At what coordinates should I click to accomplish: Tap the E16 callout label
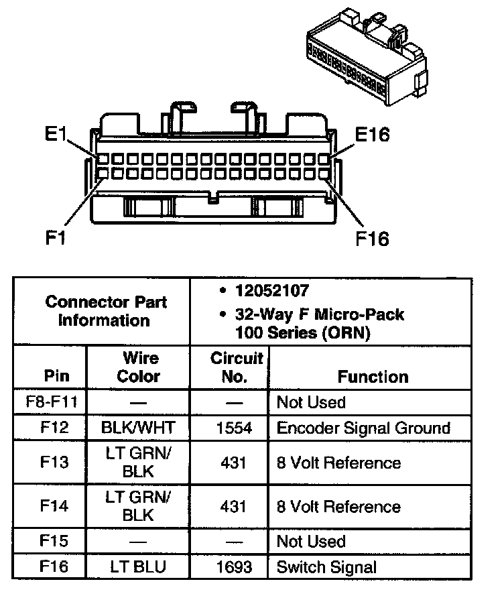[x=372, y=135]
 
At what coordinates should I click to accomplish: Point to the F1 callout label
[x=56, y=238]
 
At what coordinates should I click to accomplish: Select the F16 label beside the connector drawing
[x=373, y=238]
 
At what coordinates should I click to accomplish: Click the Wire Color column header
[x=139, y=367]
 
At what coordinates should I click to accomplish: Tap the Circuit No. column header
[x=233, y=367]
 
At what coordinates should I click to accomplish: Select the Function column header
[x=373, y=377]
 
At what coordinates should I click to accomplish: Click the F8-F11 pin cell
[x=51, y=402]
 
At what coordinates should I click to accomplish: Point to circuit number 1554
[x=233, y=428]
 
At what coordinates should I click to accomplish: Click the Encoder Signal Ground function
[x=363, y=428]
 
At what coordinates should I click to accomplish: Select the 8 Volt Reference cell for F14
[x=338, y=506]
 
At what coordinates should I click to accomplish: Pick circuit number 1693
[x=233, y=566]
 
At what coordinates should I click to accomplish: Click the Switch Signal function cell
[x=326, y=566]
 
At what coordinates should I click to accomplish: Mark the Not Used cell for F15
[x=311, y=541]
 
